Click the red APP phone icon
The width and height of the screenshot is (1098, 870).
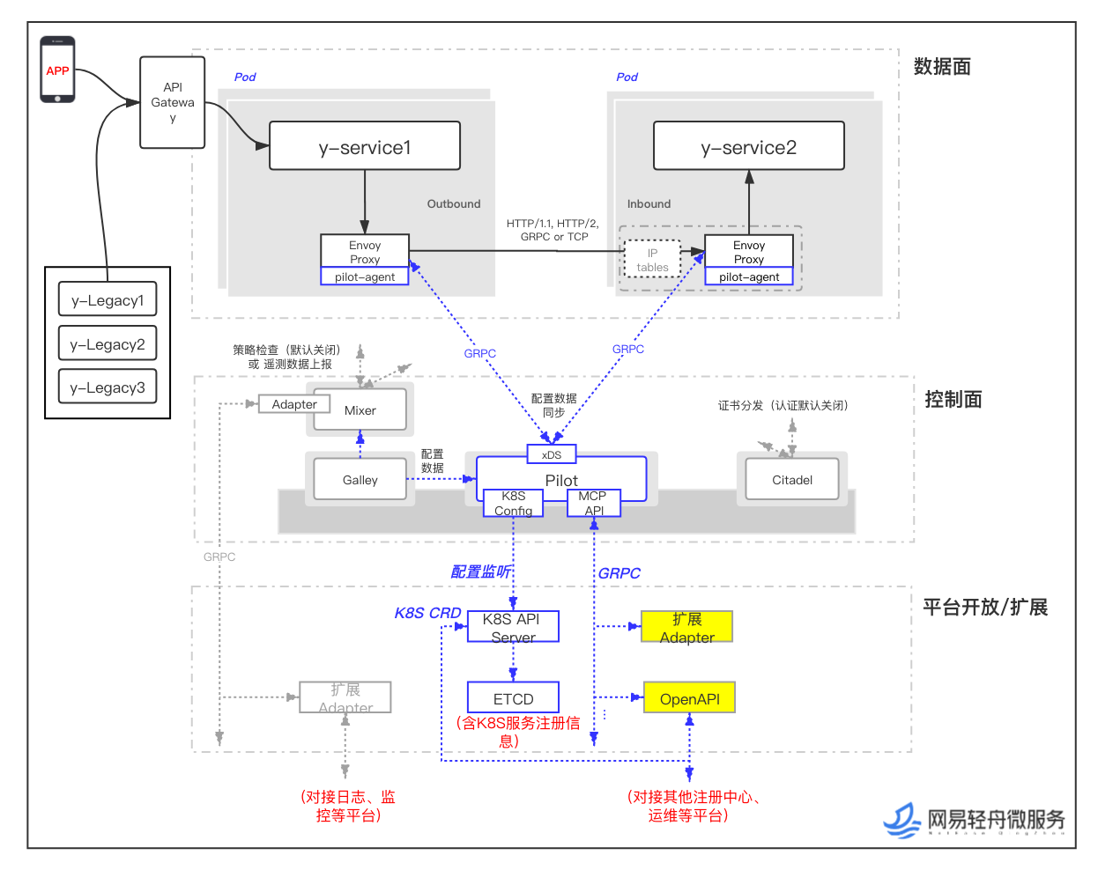coord(57,70)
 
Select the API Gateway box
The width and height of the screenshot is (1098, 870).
coord(173,102)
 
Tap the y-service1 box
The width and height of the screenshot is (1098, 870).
coord(365,146)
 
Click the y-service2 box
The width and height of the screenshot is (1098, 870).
coord(749,146)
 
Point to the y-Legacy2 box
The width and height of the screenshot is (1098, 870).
coord(108,343)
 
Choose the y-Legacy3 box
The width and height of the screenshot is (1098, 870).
coord(108,387)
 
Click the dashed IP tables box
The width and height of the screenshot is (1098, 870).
coord(652,260)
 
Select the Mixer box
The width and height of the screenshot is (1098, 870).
coord(360,410)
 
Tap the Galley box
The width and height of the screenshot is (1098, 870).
coord(360,480)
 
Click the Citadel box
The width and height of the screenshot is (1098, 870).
coord(792,480)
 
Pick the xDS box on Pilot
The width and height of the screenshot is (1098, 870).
coord(552,454)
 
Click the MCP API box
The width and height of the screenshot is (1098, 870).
coord(594,503)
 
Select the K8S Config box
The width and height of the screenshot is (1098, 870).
coord(513,503)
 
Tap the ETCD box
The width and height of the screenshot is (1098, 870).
coord(513,698)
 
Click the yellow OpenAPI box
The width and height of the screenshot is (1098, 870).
coord(689,698)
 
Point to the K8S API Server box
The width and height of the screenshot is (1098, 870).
coord(513,627)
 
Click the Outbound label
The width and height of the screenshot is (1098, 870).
coord(454,204)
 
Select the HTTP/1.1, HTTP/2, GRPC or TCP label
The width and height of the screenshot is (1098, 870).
coord(553,230)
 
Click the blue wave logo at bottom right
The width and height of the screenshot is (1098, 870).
coord(902,821)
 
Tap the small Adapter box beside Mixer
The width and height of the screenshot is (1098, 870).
coord(294,404)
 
